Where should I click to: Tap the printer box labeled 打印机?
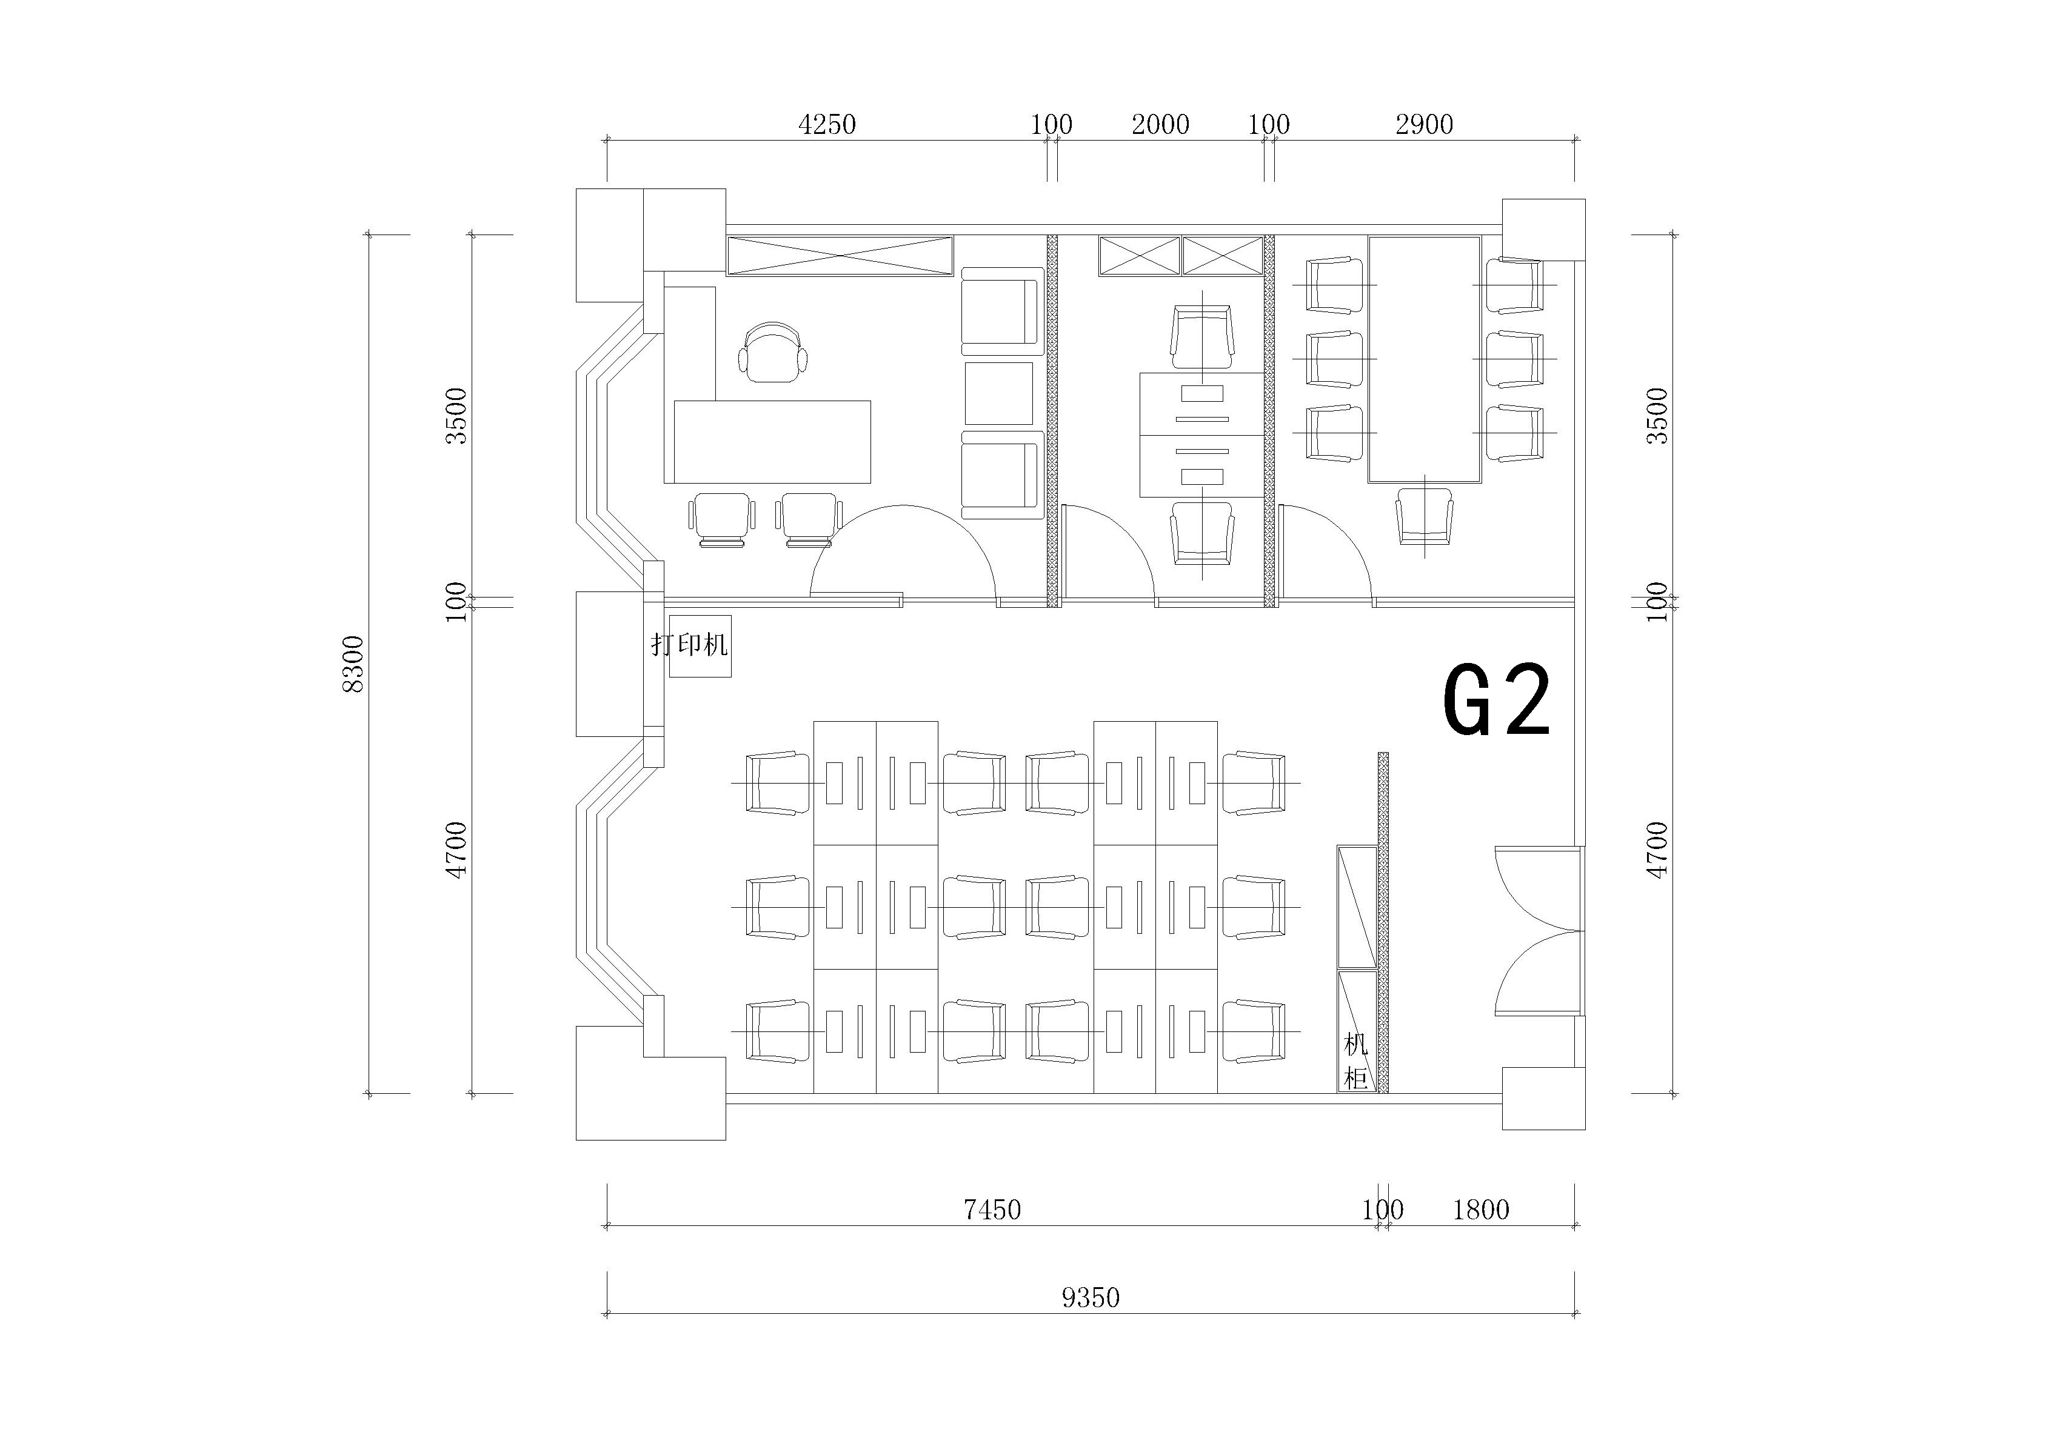click(x=701, y=646)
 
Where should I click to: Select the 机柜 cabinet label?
click(x=1356, y=1062)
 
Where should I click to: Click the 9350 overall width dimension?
click(x=1091, y=1297)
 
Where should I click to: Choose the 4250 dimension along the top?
click(x=827, y=124)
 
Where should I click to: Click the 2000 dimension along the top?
click(x=1160, y=124)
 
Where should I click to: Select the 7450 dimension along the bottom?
click(x=992, y=1210)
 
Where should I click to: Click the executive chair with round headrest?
click(x=772, y=351)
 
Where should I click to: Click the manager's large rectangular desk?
click(x=772, y=442)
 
